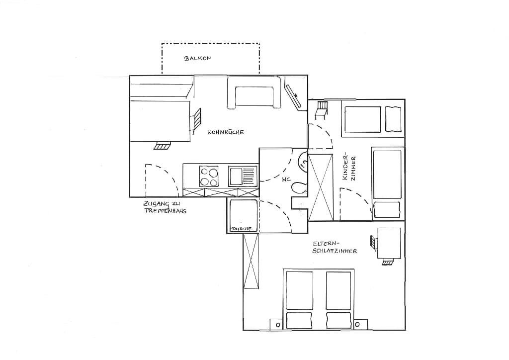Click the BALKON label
(x=197, y=59)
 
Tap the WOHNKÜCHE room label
(x=226, y=132)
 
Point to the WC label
(x=286, y=180)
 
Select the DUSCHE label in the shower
(x=241, y=229)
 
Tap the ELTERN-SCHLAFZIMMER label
(x=335, y=247)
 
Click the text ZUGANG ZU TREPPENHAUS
(x=165, y=207)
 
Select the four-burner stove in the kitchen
(x=209, y=176)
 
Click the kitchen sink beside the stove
(x=243, y=176)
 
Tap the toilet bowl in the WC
(x=299, y=188)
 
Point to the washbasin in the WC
(x=303, y=161)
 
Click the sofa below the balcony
(x=254, y=92)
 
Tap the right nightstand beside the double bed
(x=361, y=324)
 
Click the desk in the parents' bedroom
(x=389, y=243)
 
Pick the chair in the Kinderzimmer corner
(x=321, y=110)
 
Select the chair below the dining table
(x=163, y=146)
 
